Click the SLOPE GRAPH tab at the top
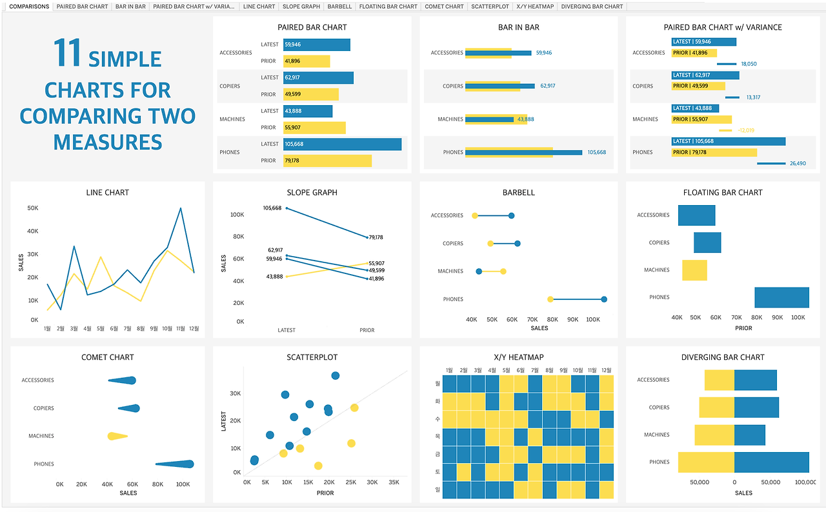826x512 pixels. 301,6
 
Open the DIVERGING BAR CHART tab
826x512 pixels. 592,6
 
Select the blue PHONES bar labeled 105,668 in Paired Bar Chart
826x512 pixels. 342,144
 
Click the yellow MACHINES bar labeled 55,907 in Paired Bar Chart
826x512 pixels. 314,128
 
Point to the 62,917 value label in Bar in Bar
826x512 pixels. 547,86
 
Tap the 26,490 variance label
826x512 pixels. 798,163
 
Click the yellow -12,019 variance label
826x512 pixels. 745,130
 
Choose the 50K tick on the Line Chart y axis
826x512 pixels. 32,208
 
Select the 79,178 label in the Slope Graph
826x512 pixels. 376,237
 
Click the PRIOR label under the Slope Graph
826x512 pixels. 367,330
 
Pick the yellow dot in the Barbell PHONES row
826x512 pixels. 550,299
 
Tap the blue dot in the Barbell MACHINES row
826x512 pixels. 479,271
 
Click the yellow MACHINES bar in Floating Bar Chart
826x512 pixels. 694,270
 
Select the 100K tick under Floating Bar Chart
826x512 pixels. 798,317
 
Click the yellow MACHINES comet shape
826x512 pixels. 117,437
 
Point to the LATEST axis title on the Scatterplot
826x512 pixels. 224,421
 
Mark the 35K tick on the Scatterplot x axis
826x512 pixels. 394,482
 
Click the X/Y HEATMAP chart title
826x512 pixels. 518,357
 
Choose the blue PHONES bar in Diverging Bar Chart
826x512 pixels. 771,462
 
